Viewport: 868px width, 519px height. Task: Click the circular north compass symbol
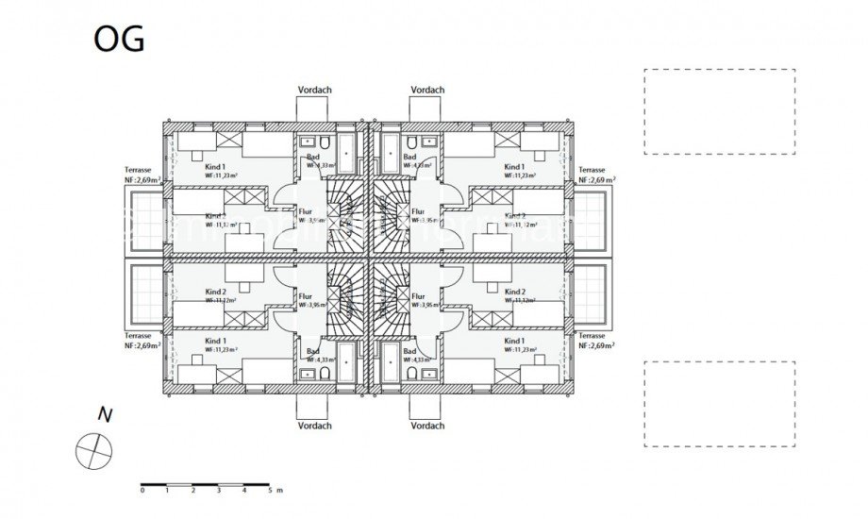[x=92, y=449]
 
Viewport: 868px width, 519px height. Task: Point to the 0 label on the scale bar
[x=142, y=492]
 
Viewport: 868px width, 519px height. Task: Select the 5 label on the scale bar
[x=270, y=492]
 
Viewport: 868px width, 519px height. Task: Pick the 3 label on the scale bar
[x=219, y=492]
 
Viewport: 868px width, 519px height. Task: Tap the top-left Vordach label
[x=313, y=91]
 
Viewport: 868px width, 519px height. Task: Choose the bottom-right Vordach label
[x=426, y=426]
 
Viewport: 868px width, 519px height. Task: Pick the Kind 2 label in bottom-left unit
[x=216, y=293]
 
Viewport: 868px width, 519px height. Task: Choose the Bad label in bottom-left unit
[x=313, y=350]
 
